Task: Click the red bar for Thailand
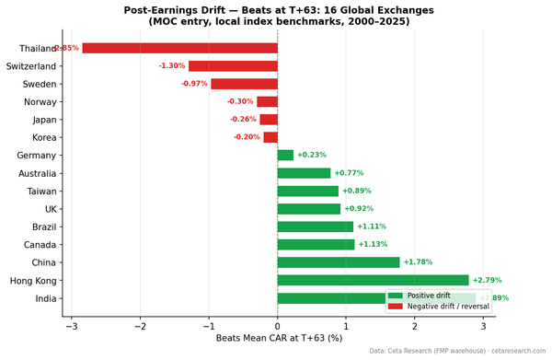click(x=179, y=48)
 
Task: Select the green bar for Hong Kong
click(x=373, y=280)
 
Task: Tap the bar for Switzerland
click(x=233, y=66)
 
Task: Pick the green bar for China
click(x=339, y=262)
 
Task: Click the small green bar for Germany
click(x=285, y=156)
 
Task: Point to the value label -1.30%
click(x=171, y=66)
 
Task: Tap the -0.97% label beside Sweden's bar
click(x=194, y=84)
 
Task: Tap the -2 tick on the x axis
click(x=139, y=326)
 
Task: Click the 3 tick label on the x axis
click(x=484, y=326)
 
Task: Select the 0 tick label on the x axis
click(x=278, y=326)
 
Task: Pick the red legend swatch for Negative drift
click(x=396, y=306)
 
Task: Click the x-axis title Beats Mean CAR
click(x=277, y=339)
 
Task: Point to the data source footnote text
click(x=457, y=352)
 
